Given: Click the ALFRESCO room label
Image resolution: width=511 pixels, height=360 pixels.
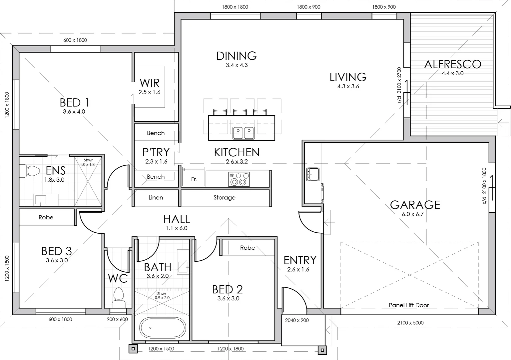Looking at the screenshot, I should click(452, 64).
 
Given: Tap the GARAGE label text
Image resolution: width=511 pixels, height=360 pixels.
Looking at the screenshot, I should click(415, 205).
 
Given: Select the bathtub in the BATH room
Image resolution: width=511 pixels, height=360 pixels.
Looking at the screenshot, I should click(162, 328).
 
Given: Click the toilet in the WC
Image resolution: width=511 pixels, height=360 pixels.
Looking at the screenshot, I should click(118, 298).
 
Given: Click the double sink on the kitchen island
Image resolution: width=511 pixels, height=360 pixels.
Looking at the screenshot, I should click(244, 133).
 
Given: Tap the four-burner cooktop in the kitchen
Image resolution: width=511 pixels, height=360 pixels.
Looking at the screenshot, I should click(239, 179).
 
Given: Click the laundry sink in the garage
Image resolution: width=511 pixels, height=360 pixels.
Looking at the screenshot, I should click(313, 174).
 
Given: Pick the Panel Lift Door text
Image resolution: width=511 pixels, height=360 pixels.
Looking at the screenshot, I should click(409, 305).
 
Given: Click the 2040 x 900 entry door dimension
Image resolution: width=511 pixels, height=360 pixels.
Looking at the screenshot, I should click(297, 320).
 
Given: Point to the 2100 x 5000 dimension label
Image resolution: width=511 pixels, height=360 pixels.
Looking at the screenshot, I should click(410, 323).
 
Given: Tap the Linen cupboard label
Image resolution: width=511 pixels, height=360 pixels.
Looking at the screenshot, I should click(156, 198).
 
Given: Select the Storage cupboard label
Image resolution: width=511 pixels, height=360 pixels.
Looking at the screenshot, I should click(224, 198).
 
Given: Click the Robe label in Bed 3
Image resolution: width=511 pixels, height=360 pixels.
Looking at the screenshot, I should click(46, 217).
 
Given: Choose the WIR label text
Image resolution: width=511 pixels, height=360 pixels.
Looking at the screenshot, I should click(150, 83).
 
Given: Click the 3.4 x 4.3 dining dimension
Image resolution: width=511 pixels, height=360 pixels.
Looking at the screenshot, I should click(237, 65).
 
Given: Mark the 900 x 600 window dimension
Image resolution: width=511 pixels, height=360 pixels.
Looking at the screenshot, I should click(117, 319).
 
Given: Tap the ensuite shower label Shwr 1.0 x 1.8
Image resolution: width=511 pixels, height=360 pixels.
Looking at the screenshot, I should click(88, 162).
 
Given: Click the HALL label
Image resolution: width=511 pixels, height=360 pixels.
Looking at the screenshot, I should click(177, 219).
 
